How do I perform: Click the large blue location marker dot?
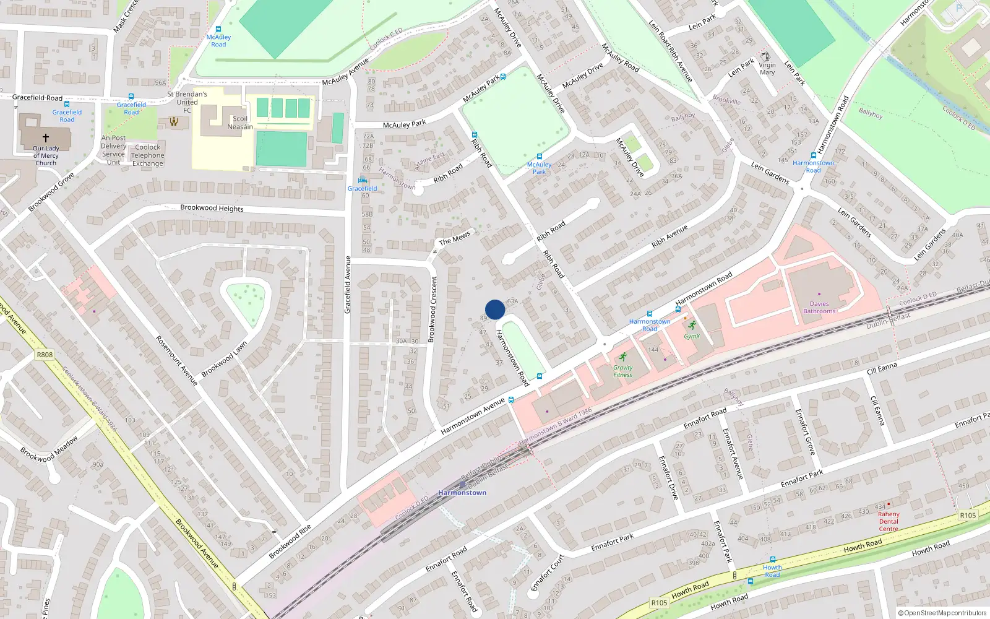tap(495, 309)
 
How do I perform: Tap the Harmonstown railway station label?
tap(462, 493)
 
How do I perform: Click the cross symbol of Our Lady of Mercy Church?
tap(45, 138)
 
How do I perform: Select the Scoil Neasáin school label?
tap(240, 123)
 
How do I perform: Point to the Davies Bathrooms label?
tap(819, 308)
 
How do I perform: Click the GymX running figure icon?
tap(692, 326)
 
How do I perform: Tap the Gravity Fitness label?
tap(623, 371)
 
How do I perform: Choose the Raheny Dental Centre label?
tap(889, 521)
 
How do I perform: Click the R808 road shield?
tap(45, 355)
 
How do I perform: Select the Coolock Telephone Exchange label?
tap(147, 155)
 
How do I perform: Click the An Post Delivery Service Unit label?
tap(113, 150)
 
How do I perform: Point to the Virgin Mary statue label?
tap(767, 69)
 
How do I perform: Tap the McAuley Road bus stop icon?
tap(218, 29)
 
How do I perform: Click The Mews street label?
tap(455, 238)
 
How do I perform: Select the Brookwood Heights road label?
tap(212, 208)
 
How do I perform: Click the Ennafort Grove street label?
tap(806, 432)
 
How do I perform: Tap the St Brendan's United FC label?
tap(187, 102)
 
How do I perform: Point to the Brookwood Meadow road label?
tap(49, 449)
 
